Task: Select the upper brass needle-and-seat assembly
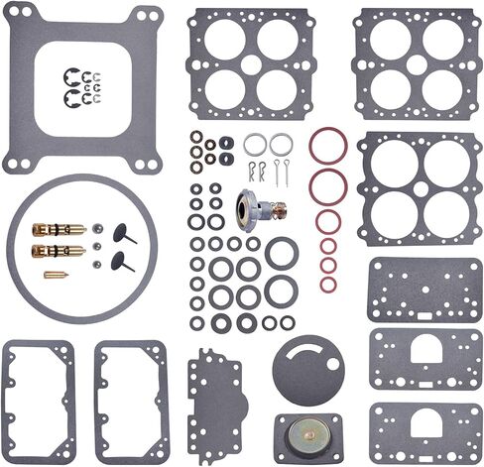(x=59, y=229)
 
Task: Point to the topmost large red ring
(x=327, y=145)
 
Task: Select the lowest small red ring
(x=328, y=285)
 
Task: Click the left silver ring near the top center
(x=255, y=145)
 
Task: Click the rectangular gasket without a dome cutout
(x=424, y=291)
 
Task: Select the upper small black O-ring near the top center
(x=226, y=142)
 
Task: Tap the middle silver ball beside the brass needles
(x=98, y=246)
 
